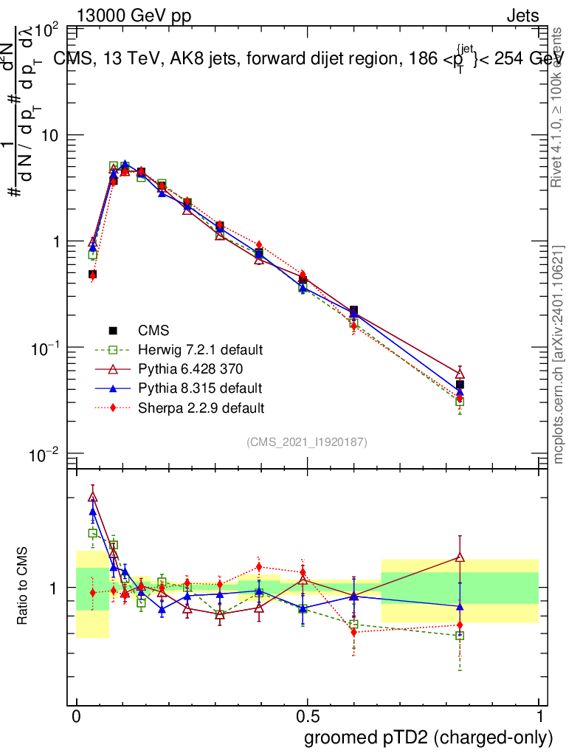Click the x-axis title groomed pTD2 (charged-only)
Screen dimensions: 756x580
pos(428,738)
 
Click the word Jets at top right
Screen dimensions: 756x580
pos(522,16)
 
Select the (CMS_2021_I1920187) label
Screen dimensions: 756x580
pos(307,441)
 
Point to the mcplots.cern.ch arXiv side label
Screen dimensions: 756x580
pos(559,354)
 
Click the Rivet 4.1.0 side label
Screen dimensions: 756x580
pos(559,107)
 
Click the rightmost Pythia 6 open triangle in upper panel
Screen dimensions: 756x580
pos(460,374)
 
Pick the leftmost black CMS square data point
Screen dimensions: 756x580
pos(93,275)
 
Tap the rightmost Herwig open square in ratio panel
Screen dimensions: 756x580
pos(460,636)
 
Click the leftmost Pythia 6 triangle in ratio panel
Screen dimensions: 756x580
pos(93,497)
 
